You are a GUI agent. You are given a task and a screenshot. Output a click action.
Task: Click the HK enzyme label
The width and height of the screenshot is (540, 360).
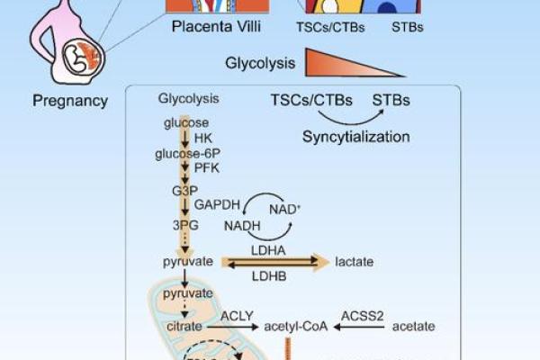coord(202,138)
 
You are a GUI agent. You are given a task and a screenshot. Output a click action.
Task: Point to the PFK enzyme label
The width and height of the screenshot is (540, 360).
coord(206,168)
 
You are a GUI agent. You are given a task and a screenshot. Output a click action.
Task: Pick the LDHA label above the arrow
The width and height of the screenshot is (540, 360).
coord(267,247)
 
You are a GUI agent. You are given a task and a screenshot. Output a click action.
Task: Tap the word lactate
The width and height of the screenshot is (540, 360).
coord(354,262)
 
